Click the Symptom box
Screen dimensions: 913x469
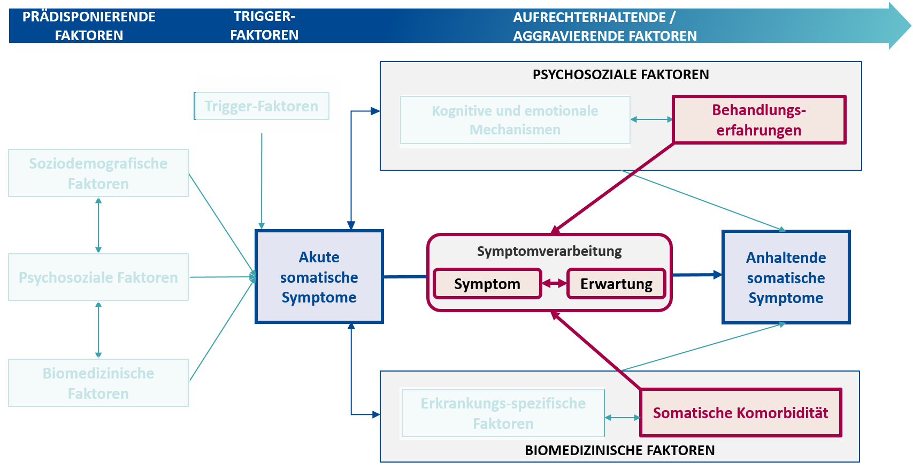[487, 283]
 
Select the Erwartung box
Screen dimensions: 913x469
[616, 283]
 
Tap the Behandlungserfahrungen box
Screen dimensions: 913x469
[759, 119]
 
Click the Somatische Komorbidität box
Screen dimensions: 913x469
[740, 413]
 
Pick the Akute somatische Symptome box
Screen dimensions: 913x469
[319, 277]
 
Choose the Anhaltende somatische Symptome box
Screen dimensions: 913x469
[786, 277]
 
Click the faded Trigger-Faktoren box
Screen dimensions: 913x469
[261, 106]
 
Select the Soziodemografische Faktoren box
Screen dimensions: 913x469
[98, 173]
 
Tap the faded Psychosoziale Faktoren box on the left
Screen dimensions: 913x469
[98, 277]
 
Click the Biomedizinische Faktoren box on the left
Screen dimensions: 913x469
[98, 383]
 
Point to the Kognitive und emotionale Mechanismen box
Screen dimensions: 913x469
[515, 120]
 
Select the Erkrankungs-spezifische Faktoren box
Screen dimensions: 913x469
[503, 413]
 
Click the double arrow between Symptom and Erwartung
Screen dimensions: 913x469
[554, 283]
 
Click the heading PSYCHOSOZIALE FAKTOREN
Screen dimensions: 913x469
[621, 74]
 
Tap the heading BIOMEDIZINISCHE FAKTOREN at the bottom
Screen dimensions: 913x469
[619, 450]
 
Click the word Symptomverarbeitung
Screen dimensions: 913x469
[549, 251]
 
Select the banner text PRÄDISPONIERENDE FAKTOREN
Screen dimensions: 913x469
[89, 26]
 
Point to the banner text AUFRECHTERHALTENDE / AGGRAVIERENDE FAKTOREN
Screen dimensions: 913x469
[605, 27]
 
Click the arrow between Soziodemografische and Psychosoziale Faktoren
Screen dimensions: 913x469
[98, 225]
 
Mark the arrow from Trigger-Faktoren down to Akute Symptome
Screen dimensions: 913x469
[261, 180]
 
